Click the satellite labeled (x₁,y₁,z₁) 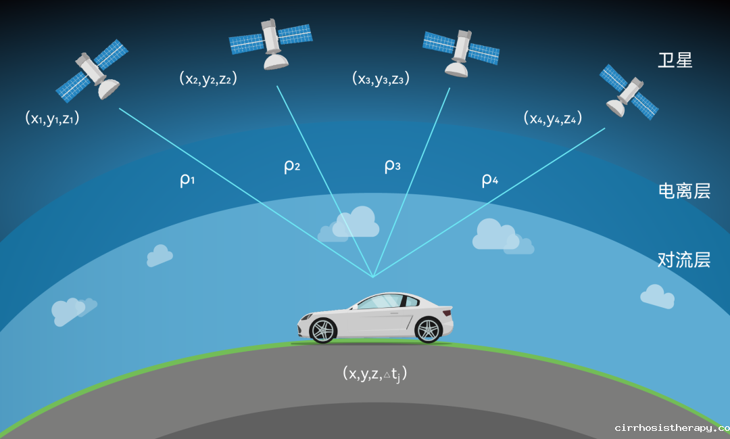[93, 71]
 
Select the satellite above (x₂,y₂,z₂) [271, 43]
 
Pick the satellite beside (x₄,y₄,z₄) [629, 91]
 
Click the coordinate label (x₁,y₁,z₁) [52, 118]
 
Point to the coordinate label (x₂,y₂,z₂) [208, 78]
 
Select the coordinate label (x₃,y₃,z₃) [381, 78]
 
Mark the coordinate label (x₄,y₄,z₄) [553, 118]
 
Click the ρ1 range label [187, 179]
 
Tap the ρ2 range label [292, 166]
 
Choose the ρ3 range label [393, 166]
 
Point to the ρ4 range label [490, 179]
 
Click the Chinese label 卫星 [675, 61]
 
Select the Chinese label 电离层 [684, 191]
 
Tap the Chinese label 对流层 [684, 260]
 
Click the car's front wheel [322, 330]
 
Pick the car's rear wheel [428, 330]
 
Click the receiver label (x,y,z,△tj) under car [374, 374]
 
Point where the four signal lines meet [373, 277]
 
